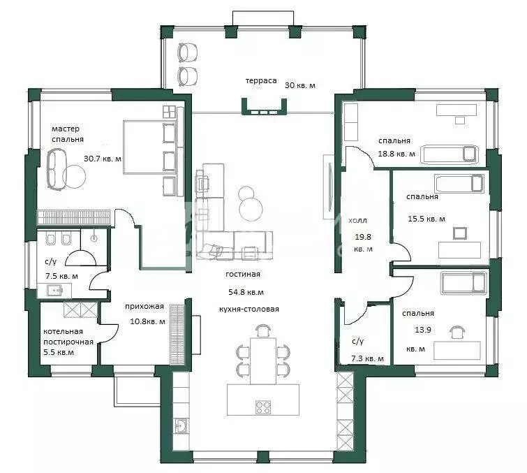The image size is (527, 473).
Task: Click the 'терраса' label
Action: coord(261,81)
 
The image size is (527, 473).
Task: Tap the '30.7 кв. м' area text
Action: coord(103,159)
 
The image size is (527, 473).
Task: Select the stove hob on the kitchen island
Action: coord(263,407)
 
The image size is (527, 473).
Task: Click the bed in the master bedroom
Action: coord(150,147)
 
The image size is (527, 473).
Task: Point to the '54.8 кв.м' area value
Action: coord(246,292)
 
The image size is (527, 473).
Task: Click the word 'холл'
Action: coord(357,221)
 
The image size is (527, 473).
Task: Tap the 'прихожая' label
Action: coord(144,307)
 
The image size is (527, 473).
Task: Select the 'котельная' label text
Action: coord(64,331)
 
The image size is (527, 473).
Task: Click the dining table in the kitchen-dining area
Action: coord(263,361)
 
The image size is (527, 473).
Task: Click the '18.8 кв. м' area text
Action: coord(396,154)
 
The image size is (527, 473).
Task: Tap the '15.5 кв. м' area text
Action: coord(426,219)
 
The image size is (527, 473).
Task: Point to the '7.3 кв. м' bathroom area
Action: coord(367,358)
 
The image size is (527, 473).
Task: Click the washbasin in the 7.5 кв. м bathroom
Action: coord(54,290)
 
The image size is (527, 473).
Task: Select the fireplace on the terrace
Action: coord(265,108)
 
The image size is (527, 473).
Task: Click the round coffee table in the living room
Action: coord(251,208)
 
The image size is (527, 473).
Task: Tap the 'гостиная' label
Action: coord(243,274)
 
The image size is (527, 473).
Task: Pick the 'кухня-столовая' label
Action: coord(249,309)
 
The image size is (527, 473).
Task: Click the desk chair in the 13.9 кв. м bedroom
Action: coord(455,332)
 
